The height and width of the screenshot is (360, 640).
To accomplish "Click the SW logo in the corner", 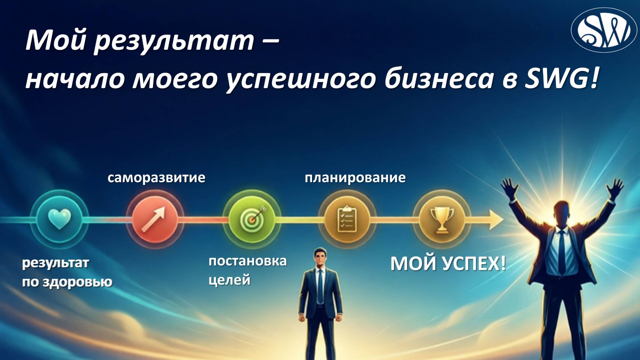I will [x=604, y=30].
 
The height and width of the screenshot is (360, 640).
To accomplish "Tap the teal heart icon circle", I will [x=59, y=219].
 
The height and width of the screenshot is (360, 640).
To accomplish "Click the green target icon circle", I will [x=252, y=219].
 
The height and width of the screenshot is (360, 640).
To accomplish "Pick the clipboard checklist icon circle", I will [x=347, y=219].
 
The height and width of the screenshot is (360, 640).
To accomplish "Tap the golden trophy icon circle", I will [x=442, y=219].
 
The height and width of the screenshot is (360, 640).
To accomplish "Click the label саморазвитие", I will [x=156, y=178].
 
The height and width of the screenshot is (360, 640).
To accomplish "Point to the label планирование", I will [x=355, y=178].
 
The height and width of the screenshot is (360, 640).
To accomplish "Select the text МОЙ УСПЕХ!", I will [x=448, y=264].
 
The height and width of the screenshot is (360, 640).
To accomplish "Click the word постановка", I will [x=247, y=261].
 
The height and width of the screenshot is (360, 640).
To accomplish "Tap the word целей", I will [x=229, y=280].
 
